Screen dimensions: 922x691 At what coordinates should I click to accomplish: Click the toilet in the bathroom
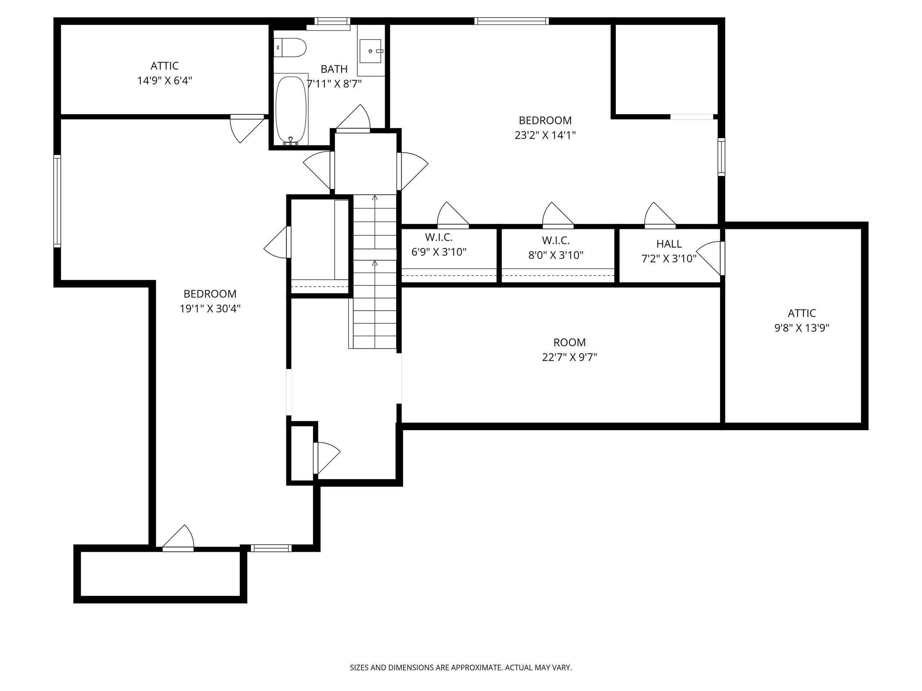[291, 48]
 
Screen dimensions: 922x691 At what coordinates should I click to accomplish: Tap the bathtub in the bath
[291, 111]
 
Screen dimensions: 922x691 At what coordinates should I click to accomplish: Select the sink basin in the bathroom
[370, 51]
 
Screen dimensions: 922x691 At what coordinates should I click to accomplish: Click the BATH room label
[334, 69]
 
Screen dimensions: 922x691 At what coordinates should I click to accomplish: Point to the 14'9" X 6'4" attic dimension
[165, 80]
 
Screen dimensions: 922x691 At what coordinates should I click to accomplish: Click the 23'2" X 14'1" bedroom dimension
[545, 135]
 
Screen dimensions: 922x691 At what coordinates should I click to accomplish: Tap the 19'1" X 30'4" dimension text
[210, 309]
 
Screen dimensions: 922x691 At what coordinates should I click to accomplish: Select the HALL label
[669, 244]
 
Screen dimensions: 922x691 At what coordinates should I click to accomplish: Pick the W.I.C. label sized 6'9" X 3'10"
[439, 238]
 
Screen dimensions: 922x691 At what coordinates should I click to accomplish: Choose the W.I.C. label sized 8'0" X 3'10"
[556, 240]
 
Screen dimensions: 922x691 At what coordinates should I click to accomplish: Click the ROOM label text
[569, 342]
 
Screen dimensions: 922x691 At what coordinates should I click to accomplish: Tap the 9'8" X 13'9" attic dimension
[802, 328]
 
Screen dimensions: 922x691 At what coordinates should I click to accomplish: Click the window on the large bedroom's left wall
[57, 201]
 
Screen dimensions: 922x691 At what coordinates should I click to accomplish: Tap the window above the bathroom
[332, 21]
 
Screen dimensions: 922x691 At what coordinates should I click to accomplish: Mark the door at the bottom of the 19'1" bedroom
[178, 538]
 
